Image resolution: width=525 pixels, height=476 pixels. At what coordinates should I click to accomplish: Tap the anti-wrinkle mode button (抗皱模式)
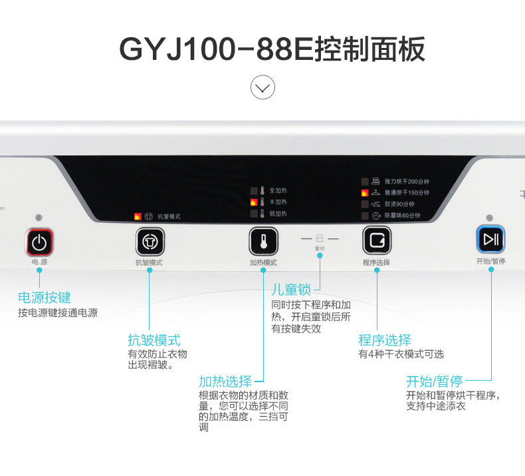148,240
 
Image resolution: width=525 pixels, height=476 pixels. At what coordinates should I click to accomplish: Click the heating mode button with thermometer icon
262,240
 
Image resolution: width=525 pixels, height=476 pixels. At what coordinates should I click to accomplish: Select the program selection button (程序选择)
376,240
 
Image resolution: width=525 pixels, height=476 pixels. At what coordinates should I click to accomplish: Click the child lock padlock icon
320,238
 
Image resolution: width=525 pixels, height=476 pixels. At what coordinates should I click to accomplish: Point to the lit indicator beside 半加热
253,202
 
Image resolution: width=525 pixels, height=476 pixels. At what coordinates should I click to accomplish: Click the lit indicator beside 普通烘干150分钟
365,192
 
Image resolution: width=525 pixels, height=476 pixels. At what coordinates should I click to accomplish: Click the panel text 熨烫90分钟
399,204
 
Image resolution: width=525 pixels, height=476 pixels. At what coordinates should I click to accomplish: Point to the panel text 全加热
277,190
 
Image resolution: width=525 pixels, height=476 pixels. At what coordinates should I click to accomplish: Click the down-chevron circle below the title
262,88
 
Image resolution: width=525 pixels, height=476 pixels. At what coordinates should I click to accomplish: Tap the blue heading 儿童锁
291,290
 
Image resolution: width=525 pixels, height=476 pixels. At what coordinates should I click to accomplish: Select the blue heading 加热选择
225,381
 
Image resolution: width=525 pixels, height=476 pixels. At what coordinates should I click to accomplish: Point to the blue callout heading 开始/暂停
435,381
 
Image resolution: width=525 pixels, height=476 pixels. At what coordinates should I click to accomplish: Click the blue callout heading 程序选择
385,340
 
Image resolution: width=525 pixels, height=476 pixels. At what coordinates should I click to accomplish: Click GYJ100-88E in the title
206,50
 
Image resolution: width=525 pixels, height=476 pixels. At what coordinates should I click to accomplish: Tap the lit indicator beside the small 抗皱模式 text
138,216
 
